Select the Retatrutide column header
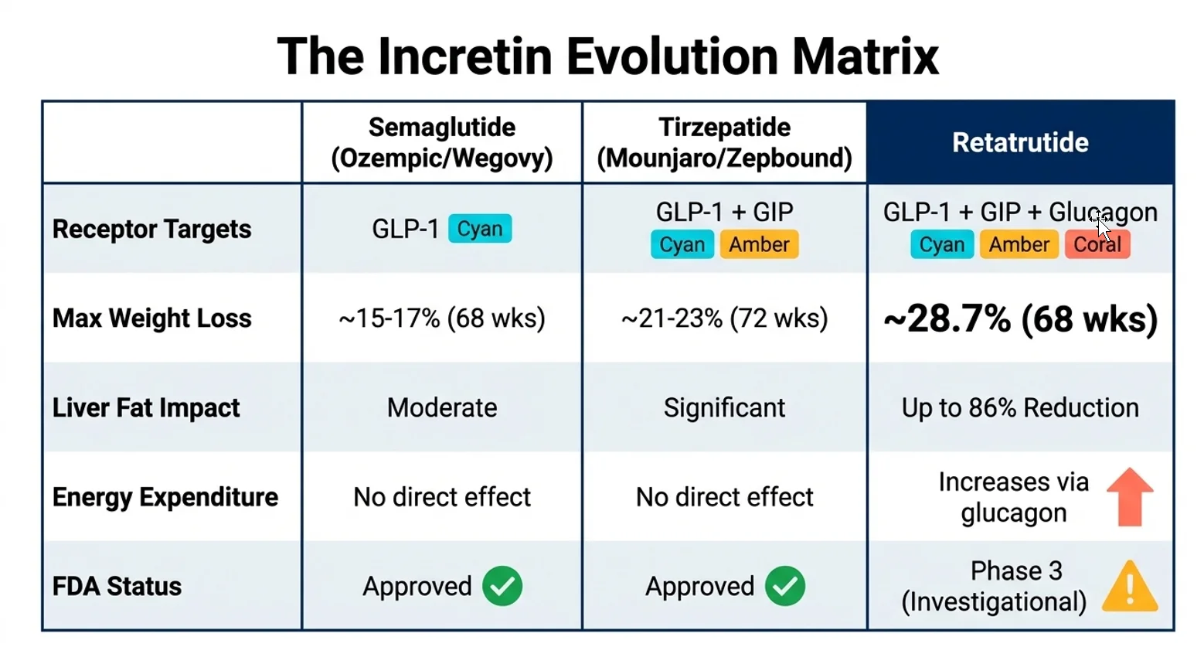(x=1020, y=142)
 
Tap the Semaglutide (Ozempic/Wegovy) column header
(x=442, y=142)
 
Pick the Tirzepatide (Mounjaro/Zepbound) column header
(x=724, y=142)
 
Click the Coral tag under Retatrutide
(x=1097, y=244)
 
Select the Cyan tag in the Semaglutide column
(x=480, y=229)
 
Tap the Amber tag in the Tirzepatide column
(x=759, y=244)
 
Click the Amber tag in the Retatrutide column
(x=1019, y=244)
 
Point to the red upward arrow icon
(x=1129, y=497)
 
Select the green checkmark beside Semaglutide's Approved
(x=502, y=586)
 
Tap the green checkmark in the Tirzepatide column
(x=785, y=586)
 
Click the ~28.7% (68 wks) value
(x=1020, y=318)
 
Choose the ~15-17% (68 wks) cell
(x=442, y=318)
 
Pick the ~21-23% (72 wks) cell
(x=724, y=318)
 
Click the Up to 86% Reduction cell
(x=1020, y=407)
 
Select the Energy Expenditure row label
(x=165, y=497)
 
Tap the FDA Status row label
(x=117, y=586)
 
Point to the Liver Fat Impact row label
(x=146, y=407)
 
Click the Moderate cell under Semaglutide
(x=442, y=407)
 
